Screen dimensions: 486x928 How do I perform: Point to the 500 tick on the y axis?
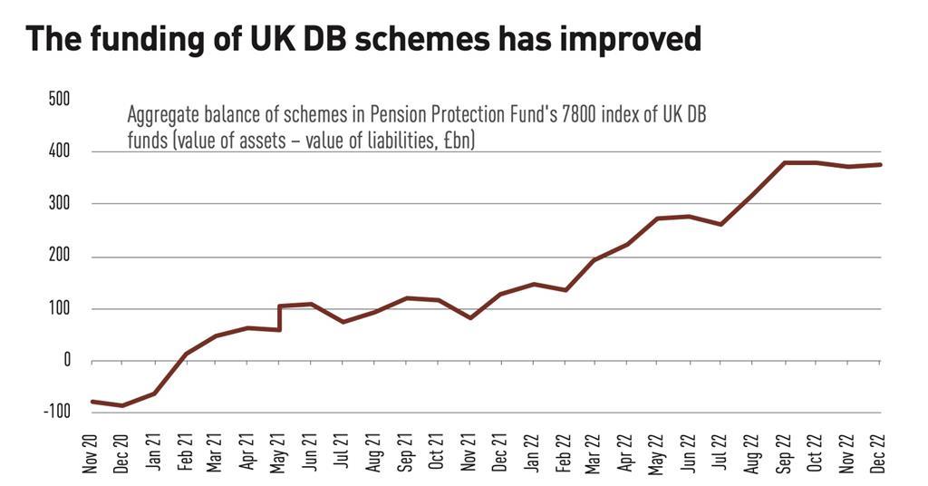pos(59,99)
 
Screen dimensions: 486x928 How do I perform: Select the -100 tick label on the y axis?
pos(56,413)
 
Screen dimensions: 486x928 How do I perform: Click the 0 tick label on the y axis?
pos(67,361)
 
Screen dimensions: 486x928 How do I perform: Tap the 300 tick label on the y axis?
pos(59,204)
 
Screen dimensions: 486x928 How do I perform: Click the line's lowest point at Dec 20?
pos(122,405)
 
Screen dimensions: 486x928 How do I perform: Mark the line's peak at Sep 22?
pos(785,163)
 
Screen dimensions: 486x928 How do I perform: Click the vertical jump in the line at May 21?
pos(279,317)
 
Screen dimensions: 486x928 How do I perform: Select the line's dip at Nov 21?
pos(469,317)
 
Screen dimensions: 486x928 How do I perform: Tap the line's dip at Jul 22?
pos(721,224)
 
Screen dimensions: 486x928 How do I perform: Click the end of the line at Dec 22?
pos(880,165)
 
